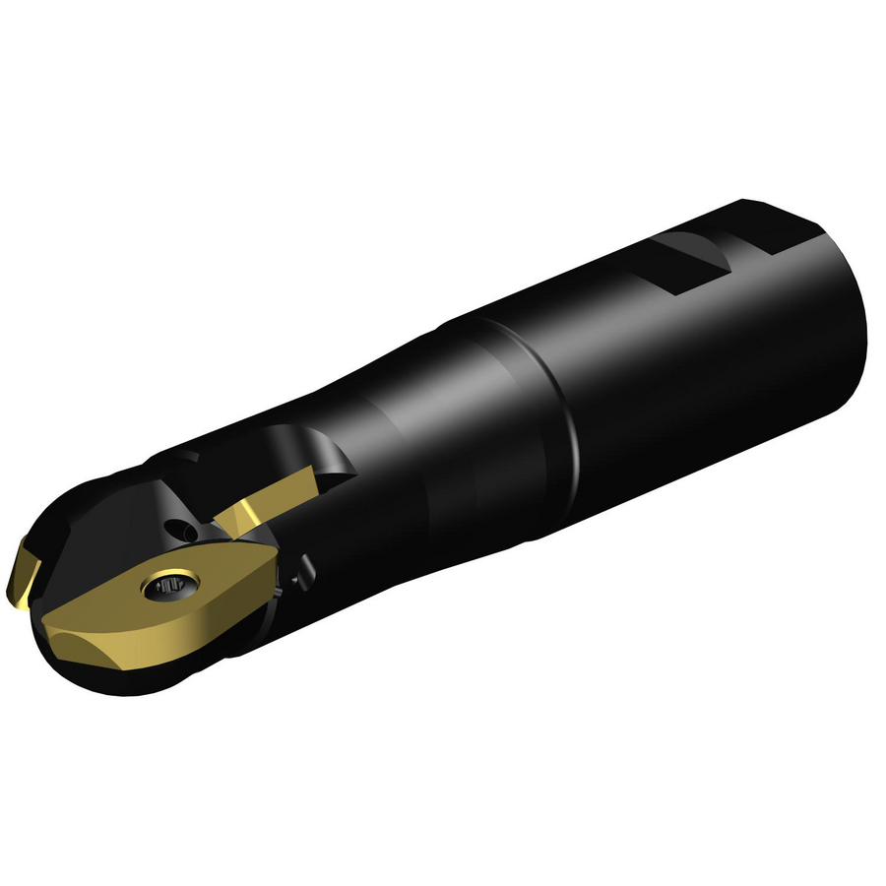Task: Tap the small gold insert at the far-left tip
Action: [22, 575]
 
